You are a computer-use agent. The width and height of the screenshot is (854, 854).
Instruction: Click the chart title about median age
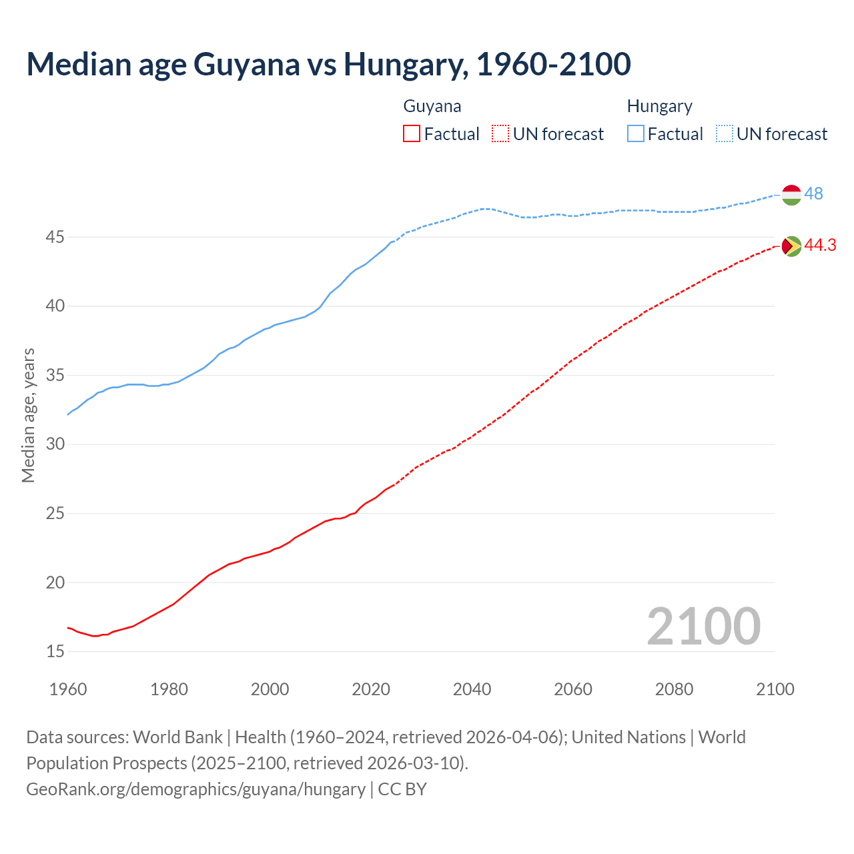328,64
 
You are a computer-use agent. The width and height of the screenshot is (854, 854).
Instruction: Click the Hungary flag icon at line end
791,194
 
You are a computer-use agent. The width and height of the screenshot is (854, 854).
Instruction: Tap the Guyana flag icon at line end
791,246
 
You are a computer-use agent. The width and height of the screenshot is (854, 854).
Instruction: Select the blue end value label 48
813,193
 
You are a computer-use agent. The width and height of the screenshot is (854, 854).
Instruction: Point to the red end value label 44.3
820,246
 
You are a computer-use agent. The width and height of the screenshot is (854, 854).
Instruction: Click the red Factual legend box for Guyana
412,134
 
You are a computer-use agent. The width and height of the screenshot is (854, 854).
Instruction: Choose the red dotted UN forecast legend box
500,134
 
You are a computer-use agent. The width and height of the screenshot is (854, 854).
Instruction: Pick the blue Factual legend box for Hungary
636,134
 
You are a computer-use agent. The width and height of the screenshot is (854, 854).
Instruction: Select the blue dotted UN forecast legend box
725,134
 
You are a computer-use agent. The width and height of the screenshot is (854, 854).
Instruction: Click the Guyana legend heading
432,106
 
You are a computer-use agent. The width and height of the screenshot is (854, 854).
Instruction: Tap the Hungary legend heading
659,106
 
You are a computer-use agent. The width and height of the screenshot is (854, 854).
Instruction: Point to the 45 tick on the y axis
55,237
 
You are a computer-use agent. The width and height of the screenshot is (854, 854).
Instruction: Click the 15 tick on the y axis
55,651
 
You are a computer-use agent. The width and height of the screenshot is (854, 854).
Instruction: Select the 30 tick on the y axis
55,444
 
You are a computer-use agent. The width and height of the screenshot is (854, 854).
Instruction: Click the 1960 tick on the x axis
68,689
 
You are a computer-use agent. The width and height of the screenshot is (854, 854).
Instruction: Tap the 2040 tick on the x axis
472,689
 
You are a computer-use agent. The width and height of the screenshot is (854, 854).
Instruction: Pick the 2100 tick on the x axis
775,689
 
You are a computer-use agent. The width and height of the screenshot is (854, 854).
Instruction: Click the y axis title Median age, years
28,415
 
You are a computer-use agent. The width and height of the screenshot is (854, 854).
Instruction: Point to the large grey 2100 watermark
703,626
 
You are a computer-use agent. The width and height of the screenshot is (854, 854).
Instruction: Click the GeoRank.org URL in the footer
195,789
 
